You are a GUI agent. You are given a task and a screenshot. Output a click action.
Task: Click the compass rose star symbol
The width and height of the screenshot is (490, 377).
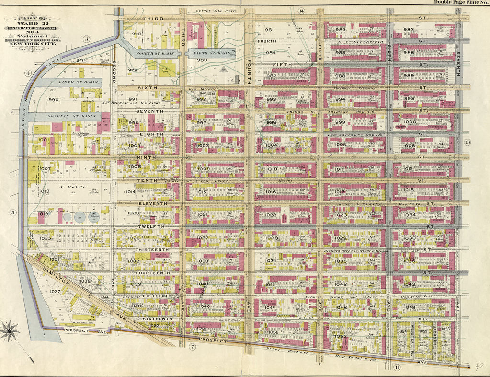9,330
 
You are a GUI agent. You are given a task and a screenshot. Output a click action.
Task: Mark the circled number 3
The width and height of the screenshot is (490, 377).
86,39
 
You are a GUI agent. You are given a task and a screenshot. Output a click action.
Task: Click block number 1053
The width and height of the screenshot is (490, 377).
341,336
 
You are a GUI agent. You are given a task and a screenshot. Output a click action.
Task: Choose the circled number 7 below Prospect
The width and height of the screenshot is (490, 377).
192,346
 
